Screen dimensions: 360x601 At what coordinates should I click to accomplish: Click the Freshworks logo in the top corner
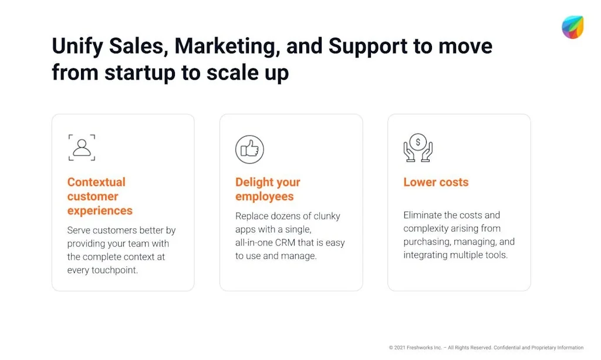click(572, 27)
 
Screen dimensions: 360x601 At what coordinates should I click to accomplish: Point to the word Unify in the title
click(76, 46)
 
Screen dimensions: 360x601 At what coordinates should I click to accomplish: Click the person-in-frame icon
click(82, 147)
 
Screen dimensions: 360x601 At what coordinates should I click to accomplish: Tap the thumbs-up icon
click(249, 149)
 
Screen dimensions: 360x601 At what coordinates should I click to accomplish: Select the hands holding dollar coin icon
click(418, 147)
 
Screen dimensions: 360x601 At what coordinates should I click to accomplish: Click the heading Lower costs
click(436, 182)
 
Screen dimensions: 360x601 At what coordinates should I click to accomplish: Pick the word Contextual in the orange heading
click(96, 182)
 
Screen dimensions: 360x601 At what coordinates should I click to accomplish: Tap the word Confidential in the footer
click(509, 348)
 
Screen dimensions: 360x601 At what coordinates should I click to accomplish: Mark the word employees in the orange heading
click(265, 196)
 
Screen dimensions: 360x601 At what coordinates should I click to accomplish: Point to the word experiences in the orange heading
click(100, 210)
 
